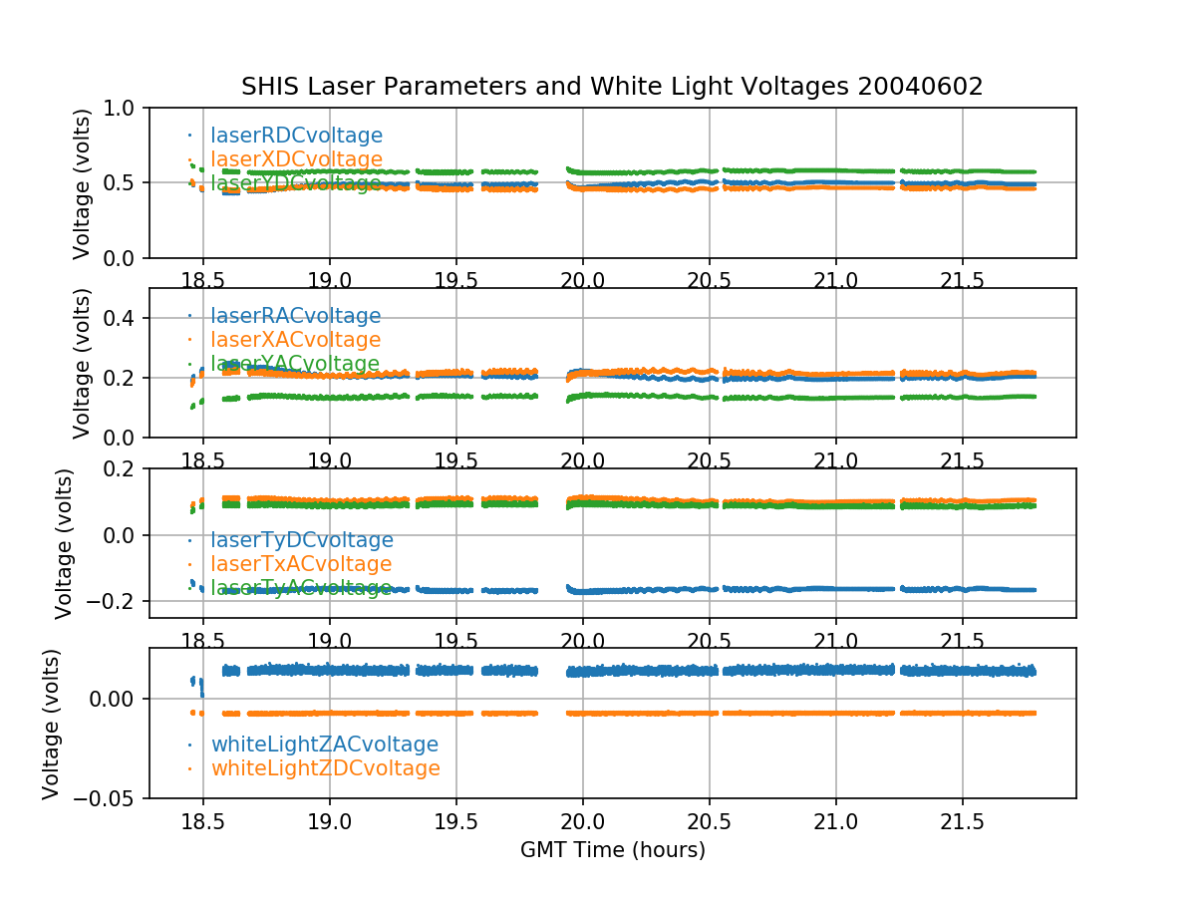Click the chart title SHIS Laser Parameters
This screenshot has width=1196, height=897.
(612, 87)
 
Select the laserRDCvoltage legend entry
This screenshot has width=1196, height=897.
(296, 136)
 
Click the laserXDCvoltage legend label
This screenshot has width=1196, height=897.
(296, 159)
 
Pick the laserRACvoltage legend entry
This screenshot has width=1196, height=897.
(295, 316)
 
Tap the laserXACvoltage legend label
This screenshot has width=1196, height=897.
(295, 340)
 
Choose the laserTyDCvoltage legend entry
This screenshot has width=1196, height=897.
(301, 540)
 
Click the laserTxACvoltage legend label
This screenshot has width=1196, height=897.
(301, 564)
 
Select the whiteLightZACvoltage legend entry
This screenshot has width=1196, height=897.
(324, 745)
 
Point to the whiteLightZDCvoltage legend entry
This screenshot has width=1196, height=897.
(325, 768)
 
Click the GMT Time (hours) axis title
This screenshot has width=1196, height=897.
(612, 850)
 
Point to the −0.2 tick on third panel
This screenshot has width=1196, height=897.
(117, 601)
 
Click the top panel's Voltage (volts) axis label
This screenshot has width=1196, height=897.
(82, 183)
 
